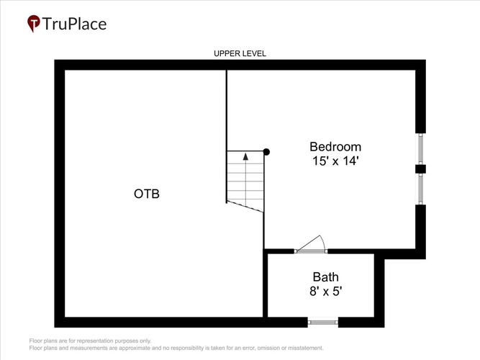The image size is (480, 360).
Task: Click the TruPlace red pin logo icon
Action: [34, 23]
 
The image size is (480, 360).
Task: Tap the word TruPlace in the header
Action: [74, 24]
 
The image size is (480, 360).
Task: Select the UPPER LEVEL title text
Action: [240, 53]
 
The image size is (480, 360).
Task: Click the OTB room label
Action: [147, 194]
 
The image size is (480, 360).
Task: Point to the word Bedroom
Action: [335, 147]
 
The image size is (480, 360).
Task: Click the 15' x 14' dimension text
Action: [335, 161]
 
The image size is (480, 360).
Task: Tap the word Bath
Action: [326, 277]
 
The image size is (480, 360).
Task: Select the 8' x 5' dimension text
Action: [326, 291]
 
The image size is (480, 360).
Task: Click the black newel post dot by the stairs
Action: [266, 152]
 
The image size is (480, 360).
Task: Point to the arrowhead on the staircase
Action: [245, 156]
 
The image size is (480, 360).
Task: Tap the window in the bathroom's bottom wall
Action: [323, 322]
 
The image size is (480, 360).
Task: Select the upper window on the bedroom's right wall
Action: [420, 149]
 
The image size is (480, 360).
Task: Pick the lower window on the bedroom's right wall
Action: [420, 189]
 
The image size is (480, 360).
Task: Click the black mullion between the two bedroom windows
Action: [420, 168]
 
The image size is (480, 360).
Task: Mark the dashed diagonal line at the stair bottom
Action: [245, 207]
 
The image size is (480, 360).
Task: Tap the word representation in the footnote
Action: [94, 341]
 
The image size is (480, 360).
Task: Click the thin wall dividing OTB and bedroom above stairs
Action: [227, 110]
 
